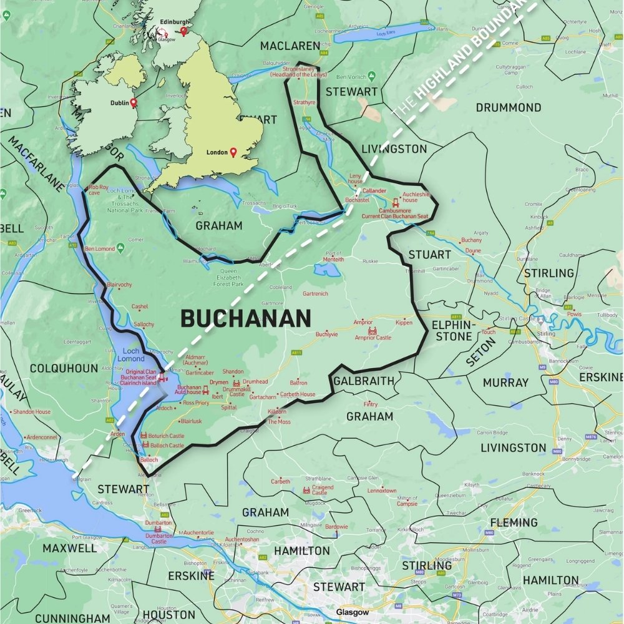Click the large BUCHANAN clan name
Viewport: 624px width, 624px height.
(245, 319)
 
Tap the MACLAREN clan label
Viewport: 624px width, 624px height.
(290, 46)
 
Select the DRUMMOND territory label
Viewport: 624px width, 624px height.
(508, 107)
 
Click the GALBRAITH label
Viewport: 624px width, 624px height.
(364, 381)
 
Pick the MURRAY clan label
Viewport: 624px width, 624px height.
(505, 382)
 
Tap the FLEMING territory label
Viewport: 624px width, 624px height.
(514, 522)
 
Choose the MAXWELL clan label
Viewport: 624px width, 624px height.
(69, 548)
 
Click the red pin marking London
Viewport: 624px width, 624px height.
(233, 152)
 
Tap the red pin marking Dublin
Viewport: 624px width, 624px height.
(133, 103)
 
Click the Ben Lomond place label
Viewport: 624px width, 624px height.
(99, 249)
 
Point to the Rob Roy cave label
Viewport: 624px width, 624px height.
(99, 189)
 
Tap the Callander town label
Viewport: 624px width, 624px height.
(374, 190)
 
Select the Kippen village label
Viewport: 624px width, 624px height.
(404, 323)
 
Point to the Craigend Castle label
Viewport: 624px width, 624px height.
(323, 490)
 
